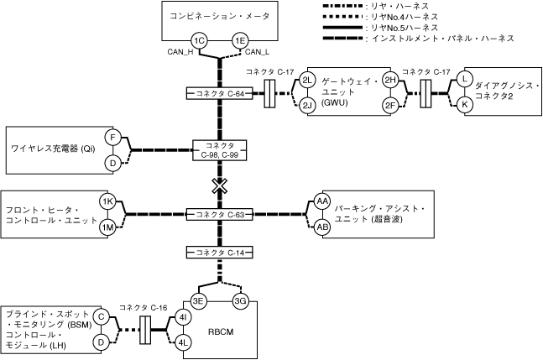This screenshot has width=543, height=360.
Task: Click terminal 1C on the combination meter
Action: pos(199,40)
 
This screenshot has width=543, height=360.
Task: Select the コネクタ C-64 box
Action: pos(220,93)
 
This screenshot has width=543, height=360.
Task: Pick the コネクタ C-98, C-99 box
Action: pos(220,149)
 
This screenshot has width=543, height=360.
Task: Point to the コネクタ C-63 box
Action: pos(220,215)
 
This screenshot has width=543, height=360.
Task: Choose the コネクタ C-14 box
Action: pos(220,253)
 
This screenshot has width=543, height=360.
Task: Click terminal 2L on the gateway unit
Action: pos(306,80)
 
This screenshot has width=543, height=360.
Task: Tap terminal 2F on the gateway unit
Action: pos(390,106)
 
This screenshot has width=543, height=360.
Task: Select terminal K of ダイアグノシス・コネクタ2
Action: pos(464,105)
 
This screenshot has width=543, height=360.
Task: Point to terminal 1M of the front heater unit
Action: pos(107,227)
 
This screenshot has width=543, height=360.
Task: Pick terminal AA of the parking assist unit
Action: pos(321,201)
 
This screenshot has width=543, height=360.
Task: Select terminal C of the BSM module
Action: pos(101,316)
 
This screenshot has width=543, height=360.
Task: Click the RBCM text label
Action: pos(219,332)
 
